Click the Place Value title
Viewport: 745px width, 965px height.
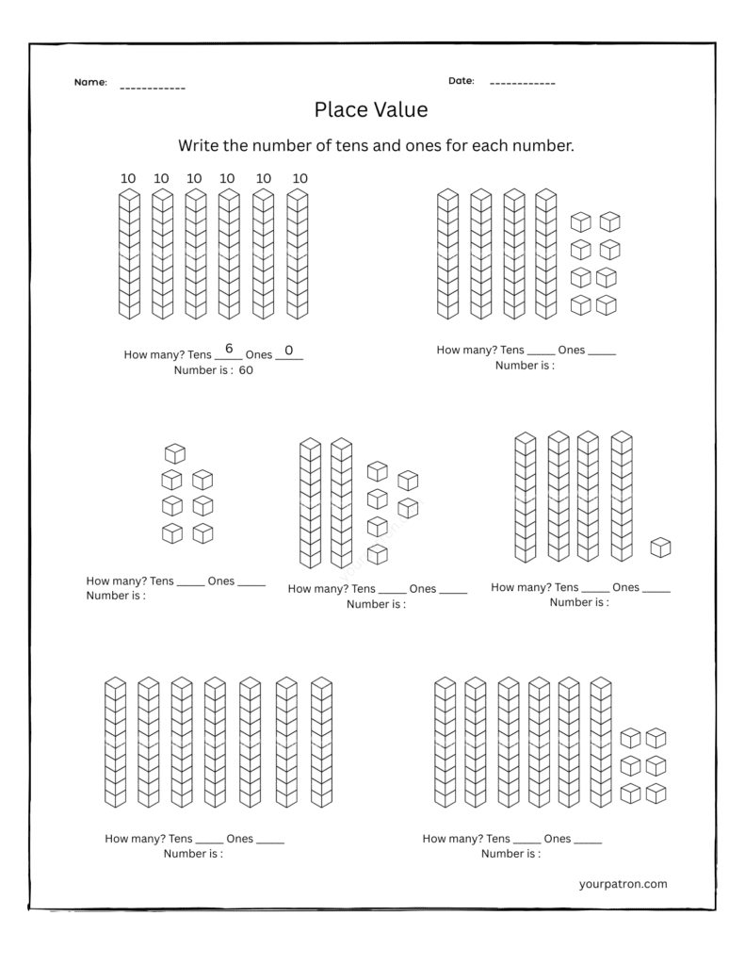tap(371, 110)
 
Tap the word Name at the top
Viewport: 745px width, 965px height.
tap(90, 83)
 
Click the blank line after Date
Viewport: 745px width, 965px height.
tap(522, 84)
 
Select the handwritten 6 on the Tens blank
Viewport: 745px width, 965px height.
tap(229, 349)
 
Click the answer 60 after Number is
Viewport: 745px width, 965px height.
tap(246, 370)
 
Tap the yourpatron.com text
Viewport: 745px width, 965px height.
tap(624, 884)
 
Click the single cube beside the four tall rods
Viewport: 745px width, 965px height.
tap(661, 548)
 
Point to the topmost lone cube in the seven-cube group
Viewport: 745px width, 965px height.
tap(174, 453)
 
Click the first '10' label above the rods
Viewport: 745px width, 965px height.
tap(128, 178)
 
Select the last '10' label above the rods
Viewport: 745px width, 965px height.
tap(300, 178)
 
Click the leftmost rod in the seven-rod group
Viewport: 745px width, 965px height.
tap(115, 742)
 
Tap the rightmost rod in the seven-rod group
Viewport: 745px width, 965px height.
tap(322, 742)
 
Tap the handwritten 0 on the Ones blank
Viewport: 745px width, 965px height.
tap(289, 350)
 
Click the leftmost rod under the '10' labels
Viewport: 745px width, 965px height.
tap(129, 254)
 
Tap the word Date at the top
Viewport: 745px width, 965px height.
tap(461, 81)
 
